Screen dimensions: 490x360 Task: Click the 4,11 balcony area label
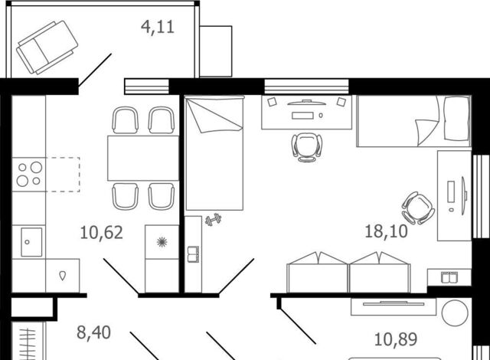[158, 27]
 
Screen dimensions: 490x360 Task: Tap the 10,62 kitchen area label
[102, 233]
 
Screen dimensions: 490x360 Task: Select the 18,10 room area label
[386, 231]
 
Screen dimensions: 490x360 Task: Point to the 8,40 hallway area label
[93, 332]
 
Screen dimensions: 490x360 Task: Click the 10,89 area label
[396, 339]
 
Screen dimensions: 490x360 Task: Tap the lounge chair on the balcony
[47, 47]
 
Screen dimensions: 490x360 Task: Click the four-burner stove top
[29, 175]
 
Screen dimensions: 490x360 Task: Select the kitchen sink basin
[31, 242]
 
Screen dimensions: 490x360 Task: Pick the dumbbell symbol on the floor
[214, 219]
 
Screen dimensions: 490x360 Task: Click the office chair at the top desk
[306, 147]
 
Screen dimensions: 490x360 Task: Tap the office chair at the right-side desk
[418, 208]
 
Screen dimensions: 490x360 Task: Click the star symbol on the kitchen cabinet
[162, 242]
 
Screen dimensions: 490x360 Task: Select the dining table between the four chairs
[143, 158]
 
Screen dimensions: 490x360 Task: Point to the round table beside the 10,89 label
[455, 313]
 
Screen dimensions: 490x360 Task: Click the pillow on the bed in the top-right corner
[457, 118]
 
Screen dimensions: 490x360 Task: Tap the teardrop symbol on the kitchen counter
[63, 276]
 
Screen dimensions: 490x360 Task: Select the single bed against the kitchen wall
[214, 153]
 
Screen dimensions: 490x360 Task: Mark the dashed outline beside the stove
[63, 175]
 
